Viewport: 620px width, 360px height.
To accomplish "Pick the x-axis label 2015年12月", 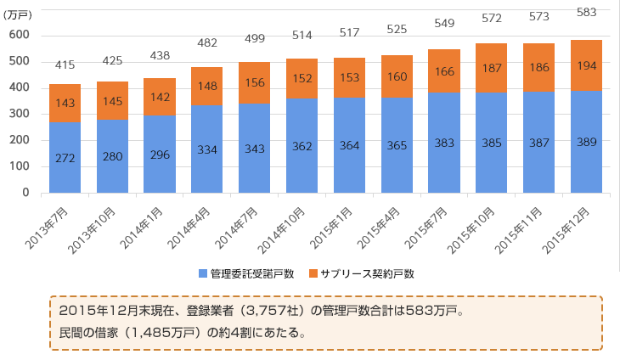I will click(569, 226).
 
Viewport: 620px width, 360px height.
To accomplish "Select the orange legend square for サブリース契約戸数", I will click(313, 273).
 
